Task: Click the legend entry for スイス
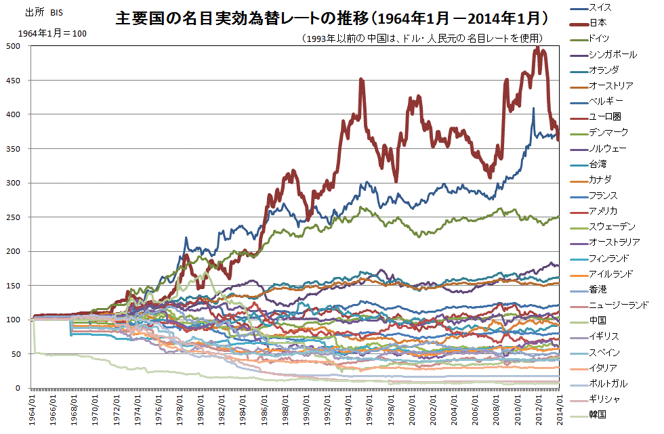tap(602, 7)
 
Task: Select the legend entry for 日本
tap(599, 23)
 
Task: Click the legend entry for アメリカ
tap(603, 211)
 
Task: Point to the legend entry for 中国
tap(599, 320)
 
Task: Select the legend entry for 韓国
tap(599, 414)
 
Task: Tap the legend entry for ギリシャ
tap(603, 398)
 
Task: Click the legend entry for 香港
tap(599, 289)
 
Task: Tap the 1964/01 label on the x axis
tap(33, 410)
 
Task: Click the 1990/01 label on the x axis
tap(307, 410)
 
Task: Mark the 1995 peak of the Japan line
tap(361, 79)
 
